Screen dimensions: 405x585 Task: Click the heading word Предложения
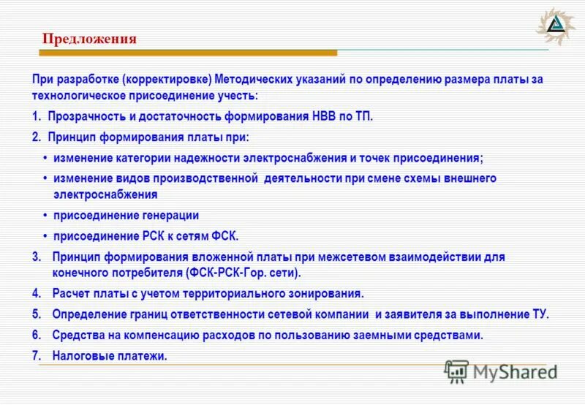88,39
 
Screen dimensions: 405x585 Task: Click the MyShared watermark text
515,371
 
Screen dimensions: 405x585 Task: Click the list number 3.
37,257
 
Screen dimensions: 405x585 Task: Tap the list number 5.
37,314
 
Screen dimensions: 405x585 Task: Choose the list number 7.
37,357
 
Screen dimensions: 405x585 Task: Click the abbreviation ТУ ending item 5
538,314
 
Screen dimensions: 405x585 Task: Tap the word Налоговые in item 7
82,357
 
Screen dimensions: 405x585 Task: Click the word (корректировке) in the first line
167,79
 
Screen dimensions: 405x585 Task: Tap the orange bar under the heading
188,53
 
